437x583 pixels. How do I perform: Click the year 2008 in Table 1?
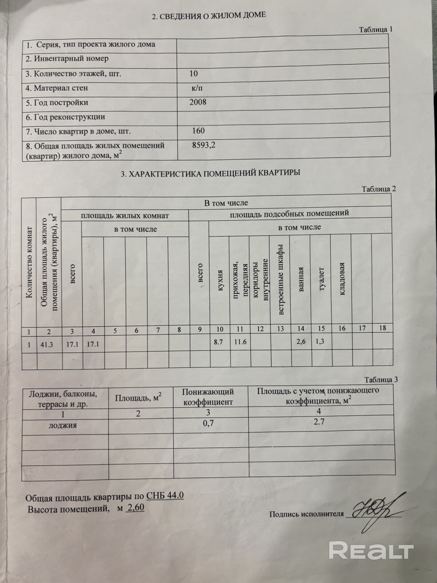pos(198,102)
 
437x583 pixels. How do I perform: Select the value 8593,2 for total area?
pos(204,145)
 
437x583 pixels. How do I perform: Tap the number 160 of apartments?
pos(198,131)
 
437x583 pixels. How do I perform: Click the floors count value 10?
pos(193,74)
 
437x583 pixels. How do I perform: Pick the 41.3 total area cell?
pos(47,344)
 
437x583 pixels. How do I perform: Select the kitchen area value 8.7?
pos(219,343)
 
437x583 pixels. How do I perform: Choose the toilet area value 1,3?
pos(320,341)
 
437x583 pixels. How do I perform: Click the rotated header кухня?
pos(220,281)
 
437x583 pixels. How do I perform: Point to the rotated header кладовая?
pos(342,279)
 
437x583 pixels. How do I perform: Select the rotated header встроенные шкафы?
pos(281,284)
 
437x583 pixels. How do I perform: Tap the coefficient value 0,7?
pos(208,423)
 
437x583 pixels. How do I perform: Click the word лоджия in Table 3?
pos(63,425)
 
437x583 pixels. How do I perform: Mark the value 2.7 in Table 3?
pos(319,422)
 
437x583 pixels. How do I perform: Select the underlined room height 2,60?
pos(135,508)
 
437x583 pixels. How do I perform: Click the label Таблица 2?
pos(378,189)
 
